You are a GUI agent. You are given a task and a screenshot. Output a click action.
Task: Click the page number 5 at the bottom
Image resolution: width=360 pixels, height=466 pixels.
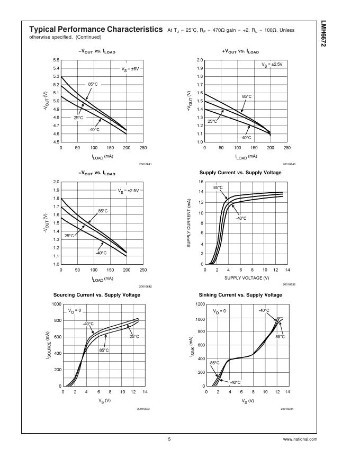[169, 439]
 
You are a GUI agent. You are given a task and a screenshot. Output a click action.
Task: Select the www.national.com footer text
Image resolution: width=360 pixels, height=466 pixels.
[300, 439]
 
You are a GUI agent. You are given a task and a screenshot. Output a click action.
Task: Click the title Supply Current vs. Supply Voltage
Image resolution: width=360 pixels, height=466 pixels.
[240, 173]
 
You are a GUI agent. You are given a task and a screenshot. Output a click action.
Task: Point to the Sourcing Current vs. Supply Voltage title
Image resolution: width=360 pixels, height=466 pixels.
[97, 294]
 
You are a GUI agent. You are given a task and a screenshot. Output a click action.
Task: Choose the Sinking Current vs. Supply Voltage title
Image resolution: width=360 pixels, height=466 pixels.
[240, 294]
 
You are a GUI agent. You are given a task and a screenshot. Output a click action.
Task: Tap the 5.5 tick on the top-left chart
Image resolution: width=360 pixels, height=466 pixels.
[56, 60]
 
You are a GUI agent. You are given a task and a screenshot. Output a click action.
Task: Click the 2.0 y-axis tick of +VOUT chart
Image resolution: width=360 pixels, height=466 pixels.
[200, 60]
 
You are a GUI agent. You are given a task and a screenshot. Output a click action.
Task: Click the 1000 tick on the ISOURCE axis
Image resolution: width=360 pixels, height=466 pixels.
[56, 304]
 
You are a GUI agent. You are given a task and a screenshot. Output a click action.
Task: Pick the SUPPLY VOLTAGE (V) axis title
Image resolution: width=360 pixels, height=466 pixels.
[247, 278]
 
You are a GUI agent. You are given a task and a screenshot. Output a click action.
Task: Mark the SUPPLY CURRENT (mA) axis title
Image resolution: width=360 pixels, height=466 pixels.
[188, 223]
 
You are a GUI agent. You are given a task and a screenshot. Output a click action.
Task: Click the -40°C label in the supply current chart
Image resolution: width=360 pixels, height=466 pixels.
[240, 218]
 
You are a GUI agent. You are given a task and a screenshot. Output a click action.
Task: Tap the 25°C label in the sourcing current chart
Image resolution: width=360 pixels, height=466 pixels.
[134, 336]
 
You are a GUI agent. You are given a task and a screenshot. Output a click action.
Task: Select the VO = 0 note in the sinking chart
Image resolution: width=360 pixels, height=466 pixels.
[219, 311]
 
